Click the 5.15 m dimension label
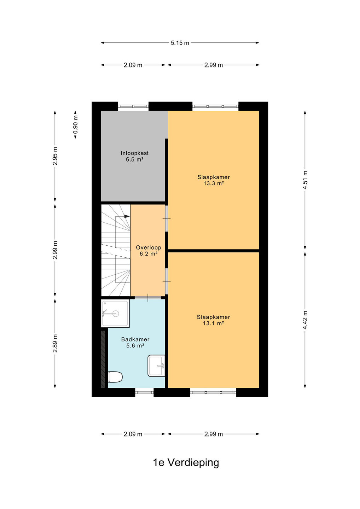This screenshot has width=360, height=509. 180,43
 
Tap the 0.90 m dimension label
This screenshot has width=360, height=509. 75,124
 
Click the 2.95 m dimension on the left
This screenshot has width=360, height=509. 55,156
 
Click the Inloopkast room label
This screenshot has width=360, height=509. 134,153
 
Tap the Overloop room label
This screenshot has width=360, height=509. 149,247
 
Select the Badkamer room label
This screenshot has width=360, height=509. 135,339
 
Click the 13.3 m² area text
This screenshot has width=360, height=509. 214,183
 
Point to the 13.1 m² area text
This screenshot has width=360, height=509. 213,323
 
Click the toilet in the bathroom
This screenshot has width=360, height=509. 115,377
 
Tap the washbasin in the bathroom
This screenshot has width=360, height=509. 156,365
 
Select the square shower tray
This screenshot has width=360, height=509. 115,314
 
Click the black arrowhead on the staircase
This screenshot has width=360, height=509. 127,216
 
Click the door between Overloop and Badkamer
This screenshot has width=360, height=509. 148,298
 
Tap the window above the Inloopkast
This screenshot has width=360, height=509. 133,106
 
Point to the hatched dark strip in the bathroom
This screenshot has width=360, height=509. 103,359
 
